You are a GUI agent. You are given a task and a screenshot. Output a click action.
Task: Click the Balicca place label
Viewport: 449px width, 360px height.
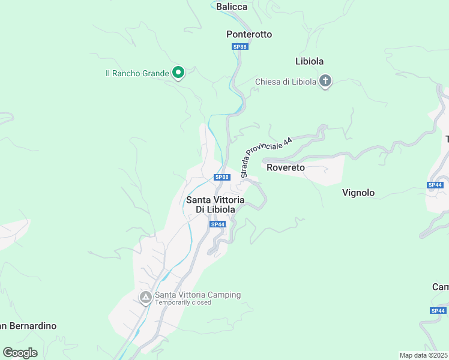(231, 7)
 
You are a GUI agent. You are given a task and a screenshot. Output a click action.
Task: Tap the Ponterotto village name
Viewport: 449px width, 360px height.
(249, 34)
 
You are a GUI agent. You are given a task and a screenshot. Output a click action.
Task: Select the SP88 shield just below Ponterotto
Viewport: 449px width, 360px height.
(240, 47)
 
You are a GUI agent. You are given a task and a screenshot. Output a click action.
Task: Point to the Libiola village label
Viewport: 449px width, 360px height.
(310, 61)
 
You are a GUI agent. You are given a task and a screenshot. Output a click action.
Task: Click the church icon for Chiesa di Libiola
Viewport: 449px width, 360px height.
(325, 81)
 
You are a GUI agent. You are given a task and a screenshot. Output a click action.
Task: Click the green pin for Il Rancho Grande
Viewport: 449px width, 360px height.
(178, 73)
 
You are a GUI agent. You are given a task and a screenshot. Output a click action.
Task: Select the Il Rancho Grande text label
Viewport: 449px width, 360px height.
(137, 73)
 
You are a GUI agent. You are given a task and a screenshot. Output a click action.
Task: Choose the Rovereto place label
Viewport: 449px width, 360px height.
(286, 167)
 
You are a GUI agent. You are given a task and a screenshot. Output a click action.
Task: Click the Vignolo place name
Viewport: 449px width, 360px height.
(358, 193)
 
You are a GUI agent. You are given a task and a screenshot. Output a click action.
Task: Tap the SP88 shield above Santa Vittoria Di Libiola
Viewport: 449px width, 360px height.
(222, 177)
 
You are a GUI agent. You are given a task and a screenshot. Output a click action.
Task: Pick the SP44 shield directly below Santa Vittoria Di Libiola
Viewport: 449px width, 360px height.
(217, 224)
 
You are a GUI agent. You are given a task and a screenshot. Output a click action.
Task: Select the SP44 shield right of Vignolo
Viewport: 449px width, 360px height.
(435, 185)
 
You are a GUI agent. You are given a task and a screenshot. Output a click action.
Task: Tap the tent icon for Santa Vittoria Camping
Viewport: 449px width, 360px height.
(145, 298)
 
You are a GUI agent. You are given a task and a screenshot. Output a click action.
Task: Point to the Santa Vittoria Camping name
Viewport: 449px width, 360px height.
(197, 295)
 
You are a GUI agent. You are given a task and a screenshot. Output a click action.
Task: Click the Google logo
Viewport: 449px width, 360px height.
(20, 352)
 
